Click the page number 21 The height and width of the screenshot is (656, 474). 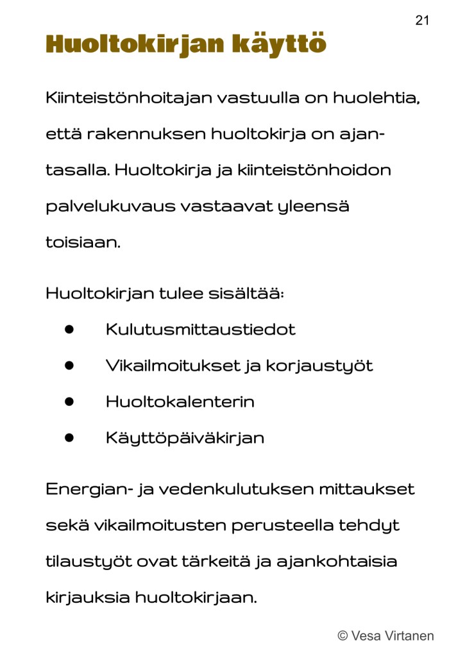click(422, 21)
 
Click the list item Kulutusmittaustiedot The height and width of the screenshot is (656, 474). click(200, 330)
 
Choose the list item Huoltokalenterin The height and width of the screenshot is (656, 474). click(180, 402)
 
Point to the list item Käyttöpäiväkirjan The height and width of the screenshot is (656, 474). click(185, 439)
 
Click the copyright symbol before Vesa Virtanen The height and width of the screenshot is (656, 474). click(343, 636)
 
